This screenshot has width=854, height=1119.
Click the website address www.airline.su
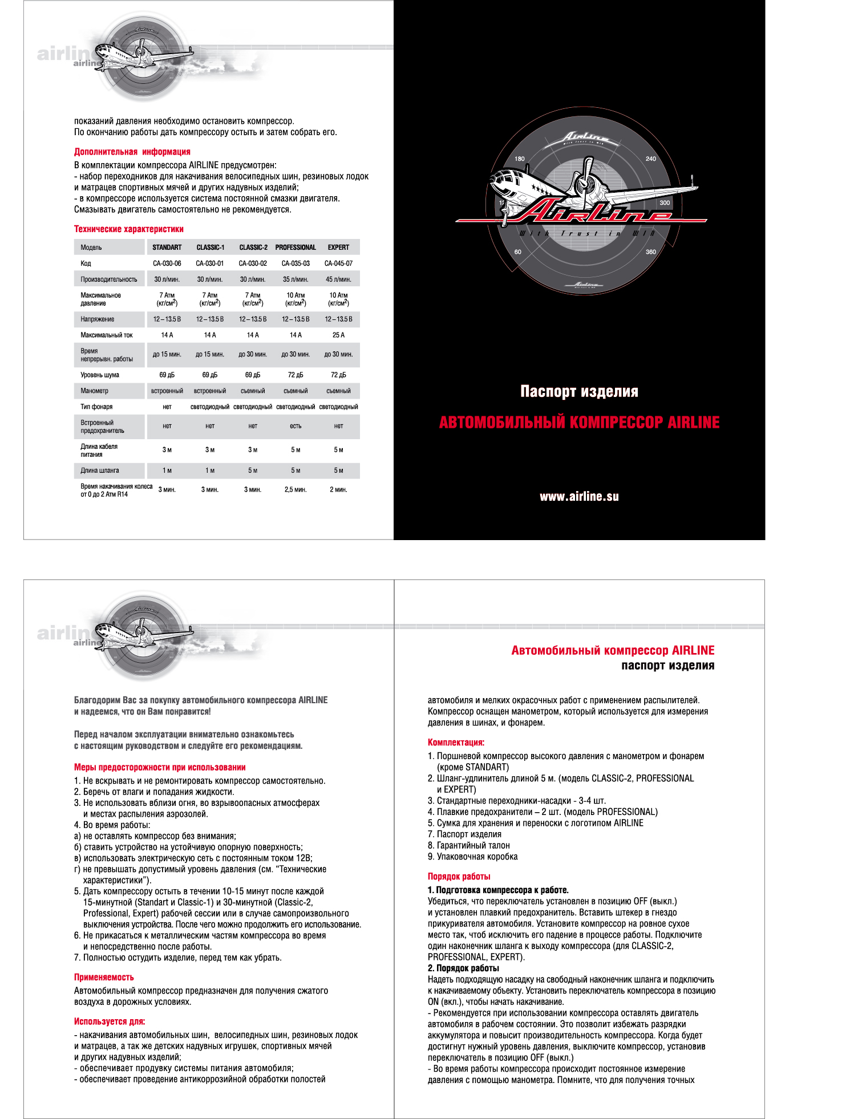[x=579, y=497]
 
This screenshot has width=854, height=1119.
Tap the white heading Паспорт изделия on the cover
[x=579, y=391]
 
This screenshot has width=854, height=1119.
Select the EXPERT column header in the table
[x=338, y=248]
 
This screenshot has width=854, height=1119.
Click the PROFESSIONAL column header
[x=296, y=248]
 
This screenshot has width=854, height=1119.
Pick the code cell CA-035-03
[x=296, y=263]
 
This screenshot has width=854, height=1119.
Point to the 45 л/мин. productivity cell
[x=338, y=279]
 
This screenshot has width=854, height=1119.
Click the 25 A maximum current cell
[x=338, y=335]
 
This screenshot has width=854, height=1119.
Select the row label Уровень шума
[x=100, y=375]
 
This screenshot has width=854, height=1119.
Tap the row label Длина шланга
[x=100, y=471]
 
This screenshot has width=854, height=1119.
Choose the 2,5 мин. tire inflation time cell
[x=296, y=490]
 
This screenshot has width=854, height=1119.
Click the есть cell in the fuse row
[x=296, y=426]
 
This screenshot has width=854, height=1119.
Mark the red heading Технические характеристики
[x=129, y=229]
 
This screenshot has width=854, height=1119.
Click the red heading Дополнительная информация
[x=132, y=152]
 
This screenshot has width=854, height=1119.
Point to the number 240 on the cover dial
[x=651, y=159]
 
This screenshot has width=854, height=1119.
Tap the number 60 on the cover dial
[x=518, y=252]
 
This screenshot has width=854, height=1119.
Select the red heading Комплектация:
[x=456, y=743]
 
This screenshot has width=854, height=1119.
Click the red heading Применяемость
[x=104, y=978]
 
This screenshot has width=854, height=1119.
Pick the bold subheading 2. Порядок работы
[x=463, y=968]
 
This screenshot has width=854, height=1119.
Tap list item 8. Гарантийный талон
[x=469, y=846]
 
